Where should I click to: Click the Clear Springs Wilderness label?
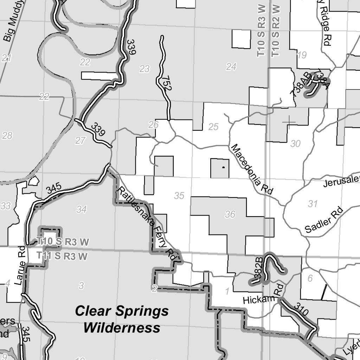(122, 319)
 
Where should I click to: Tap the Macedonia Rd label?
(252, 169)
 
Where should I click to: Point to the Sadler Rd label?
(324, 220)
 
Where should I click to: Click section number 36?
(230, 214)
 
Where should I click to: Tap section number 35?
(179, 196)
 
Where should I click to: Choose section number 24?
(231, 67)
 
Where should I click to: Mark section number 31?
(313, 204)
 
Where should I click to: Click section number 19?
(302, 55)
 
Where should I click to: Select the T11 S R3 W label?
(62, 256)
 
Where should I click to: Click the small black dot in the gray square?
(223, 168)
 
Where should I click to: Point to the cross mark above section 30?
(289, 122)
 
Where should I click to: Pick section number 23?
(144, 69)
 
